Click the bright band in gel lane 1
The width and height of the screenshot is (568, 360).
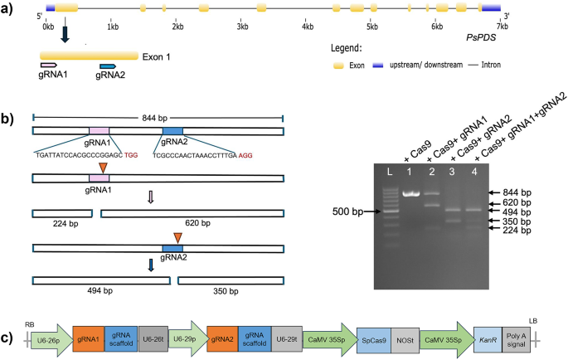pyautogui.click(x=409, y=193)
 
